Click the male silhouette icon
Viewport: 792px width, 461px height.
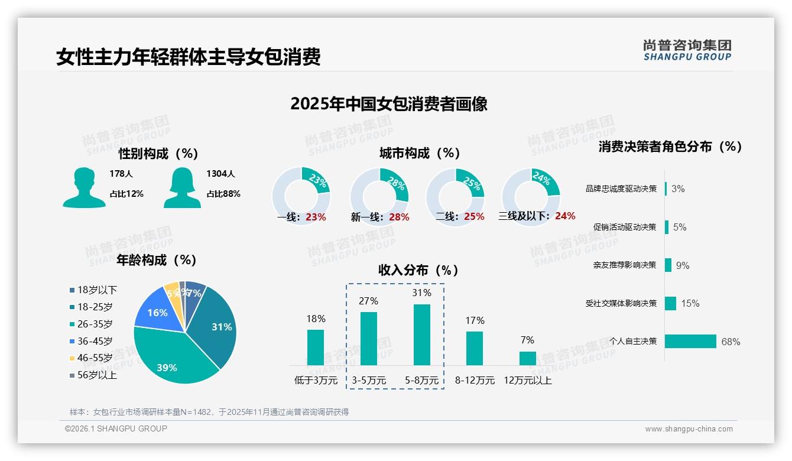[84, 187]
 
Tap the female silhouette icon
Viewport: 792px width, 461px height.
[182, 187]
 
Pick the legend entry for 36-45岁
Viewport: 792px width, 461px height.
[91, 341]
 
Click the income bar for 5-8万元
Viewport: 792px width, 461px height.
[421, 335]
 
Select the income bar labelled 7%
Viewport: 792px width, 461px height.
[527, 358]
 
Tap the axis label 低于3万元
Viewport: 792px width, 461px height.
[315, 381]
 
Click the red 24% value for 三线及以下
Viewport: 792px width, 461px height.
[565, 216]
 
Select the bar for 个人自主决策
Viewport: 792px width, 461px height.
[690, 341]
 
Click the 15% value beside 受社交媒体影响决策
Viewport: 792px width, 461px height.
[690, 303]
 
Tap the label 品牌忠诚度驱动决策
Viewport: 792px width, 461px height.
[621, 189]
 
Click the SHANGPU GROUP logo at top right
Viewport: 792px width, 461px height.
[687, 50]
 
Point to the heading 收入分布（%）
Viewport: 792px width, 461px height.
[418, 270]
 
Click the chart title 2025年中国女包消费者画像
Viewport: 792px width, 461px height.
[389, 104]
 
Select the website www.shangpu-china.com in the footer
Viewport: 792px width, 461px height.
[689, 429]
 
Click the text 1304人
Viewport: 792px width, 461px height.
[220, 174]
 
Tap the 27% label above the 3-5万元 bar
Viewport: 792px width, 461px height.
[368, 301]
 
